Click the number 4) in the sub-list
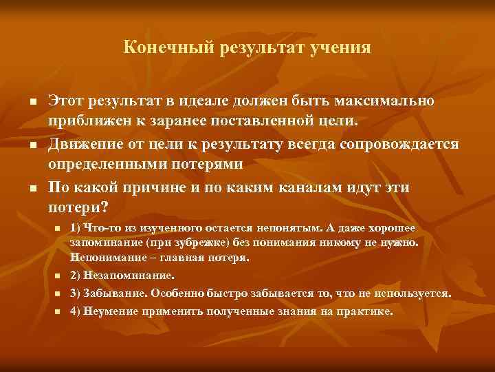click(76, 311)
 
